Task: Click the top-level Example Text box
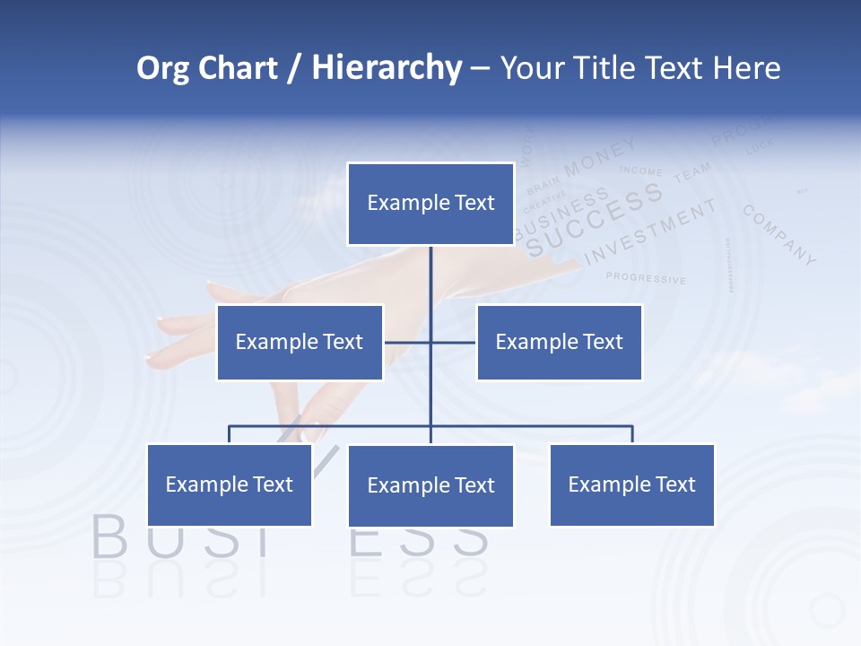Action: [430, 204]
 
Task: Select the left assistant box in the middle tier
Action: [300, 342]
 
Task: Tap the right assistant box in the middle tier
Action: [559, 342]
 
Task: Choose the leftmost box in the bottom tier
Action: [229, 484]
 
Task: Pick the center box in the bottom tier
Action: [430, 485]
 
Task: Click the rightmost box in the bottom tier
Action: [631, 484]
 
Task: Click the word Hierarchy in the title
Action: [387, 68]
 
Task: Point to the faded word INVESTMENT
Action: [650, 232]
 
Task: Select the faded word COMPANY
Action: [779, 235]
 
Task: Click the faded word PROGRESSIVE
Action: [646, 278]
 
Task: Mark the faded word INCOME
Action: [641, 170]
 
